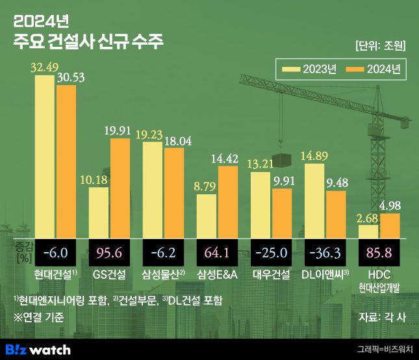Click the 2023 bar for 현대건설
tap(44, 156)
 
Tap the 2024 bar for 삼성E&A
tap(228, 201)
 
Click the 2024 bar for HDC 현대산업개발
tap(390, 225)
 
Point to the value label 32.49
tap(44, 68)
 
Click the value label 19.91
tap(120, 131)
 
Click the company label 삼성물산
tap(163, 275)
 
